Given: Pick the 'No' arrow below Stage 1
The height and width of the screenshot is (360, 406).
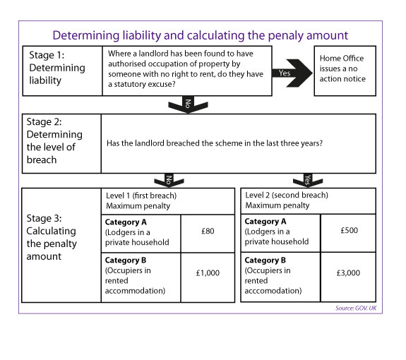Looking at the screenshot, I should [x=186, y=105].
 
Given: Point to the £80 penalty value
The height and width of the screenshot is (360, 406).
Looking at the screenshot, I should [x=208, y=232].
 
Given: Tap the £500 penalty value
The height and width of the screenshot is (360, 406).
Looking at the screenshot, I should [x=349, y=232].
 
